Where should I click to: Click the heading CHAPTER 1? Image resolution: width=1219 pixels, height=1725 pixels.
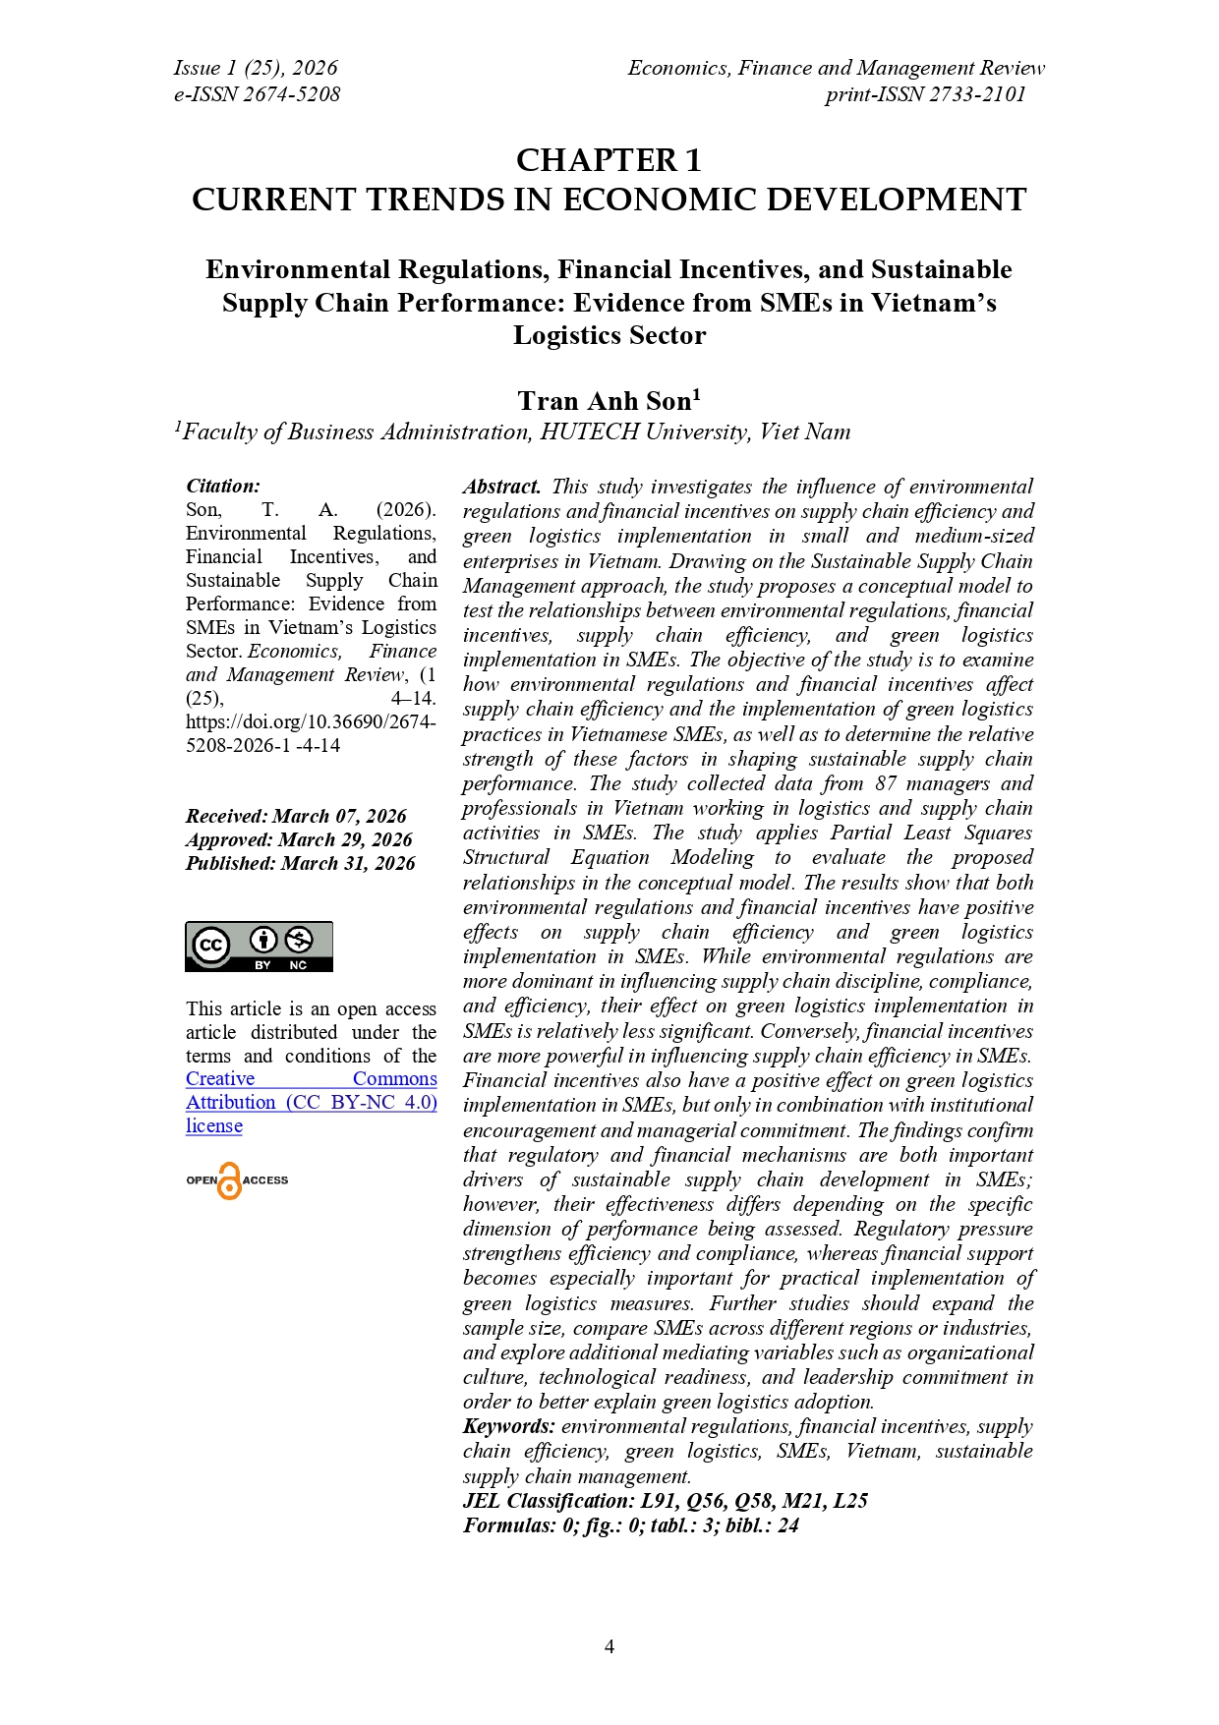click(x=609, y=160)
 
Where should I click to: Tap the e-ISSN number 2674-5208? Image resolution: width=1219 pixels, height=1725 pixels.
click(x=291, y=94)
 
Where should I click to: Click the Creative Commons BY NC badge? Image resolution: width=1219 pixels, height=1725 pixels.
click(x=259, y=947)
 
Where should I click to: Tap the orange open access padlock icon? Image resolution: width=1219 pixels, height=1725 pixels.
click(x=230, y=1180)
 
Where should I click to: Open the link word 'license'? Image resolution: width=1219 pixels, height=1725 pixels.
click(x=214, y=1126)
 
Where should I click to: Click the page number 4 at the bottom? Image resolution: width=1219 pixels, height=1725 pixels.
click(x=609, y=1646)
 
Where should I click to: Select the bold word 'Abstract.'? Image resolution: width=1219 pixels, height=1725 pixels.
click(x=501, y=487)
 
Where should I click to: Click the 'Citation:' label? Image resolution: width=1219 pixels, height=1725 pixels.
click(x=223, y=486)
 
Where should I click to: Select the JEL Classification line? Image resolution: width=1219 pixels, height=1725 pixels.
click(x=665, y=1501)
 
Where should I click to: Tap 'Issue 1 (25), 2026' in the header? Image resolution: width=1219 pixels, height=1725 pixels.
click(x=256, y=68)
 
